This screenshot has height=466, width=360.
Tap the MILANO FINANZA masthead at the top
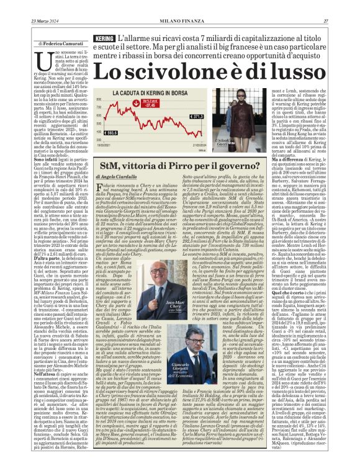(180, 5)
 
